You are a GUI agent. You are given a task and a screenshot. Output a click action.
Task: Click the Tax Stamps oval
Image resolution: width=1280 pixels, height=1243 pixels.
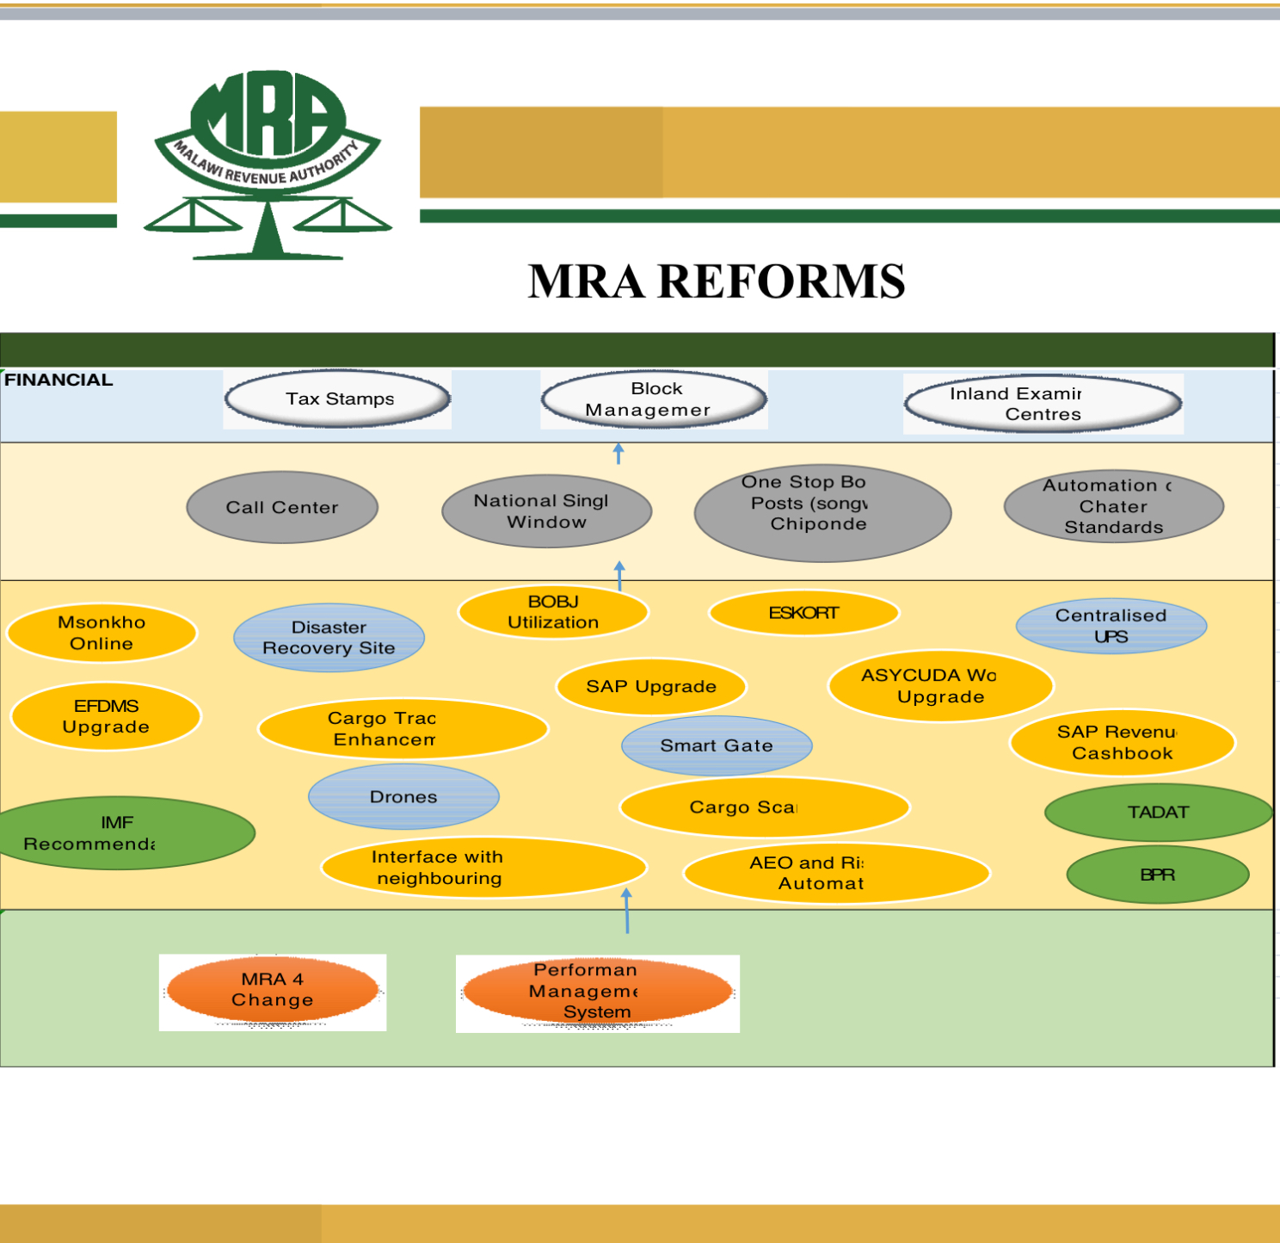[338, 399]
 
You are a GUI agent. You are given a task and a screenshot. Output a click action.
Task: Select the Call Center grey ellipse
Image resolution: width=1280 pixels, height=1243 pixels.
[282, 508]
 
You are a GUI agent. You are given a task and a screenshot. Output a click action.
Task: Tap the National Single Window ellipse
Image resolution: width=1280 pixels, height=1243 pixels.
[546, 511]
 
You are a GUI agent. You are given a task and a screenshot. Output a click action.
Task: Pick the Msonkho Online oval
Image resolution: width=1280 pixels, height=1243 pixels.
[102, 633]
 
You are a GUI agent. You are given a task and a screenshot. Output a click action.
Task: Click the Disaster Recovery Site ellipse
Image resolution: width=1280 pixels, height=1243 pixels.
[329, 638]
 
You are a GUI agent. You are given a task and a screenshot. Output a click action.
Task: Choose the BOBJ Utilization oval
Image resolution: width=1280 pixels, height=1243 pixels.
[553, 612]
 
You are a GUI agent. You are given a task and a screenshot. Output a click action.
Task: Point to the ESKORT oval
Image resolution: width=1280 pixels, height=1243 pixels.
[803, 613]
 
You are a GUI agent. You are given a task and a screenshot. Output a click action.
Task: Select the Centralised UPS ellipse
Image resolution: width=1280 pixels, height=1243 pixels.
[1111, 626]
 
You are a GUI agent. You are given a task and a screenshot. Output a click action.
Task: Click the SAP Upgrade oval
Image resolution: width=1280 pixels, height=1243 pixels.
[651, 687]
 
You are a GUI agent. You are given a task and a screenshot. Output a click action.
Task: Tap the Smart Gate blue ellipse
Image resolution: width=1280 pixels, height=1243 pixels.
[717, 745]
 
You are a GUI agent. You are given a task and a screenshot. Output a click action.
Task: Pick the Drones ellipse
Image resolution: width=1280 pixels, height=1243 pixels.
[403, 797]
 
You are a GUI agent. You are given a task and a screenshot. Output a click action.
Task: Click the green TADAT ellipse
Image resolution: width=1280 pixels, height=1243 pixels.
[1158, 813]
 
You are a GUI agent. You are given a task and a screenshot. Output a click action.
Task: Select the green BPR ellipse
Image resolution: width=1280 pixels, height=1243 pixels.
[1157, 875]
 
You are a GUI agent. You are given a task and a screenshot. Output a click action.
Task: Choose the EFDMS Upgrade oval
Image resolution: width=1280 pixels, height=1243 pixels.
[106, 716]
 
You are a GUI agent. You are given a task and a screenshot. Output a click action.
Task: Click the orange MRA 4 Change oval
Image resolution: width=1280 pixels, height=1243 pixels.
[273, 990]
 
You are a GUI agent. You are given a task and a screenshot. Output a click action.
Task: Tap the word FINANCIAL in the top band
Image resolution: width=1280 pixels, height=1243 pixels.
[58, 380]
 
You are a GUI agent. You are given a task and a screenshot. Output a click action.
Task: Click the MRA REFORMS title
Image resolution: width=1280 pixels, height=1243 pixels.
[716, 281]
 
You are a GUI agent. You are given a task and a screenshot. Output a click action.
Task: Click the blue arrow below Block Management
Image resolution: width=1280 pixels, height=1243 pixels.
[618, 453]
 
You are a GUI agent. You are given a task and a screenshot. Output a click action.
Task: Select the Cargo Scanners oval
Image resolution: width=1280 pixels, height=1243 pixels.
[764, 807]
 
